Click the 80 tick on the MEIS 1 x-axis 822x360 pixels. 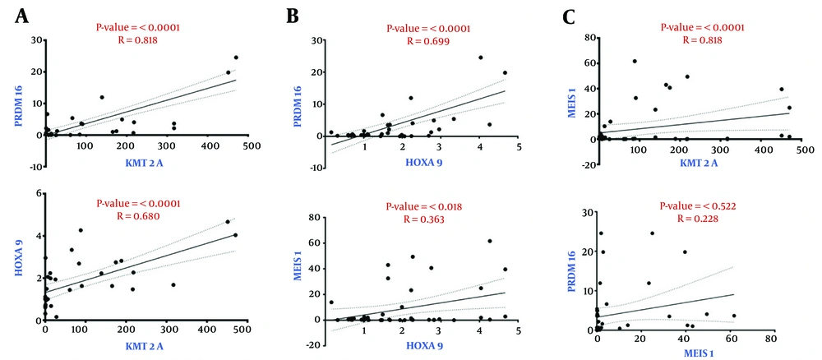pyautogui.click(x=770, y=339)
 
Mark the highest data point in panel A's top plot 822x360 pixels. pyautogui.click(x=236, y=58)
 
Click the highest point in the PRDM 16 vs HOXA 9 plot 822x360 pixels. pyautogui.click(x=480, y=58)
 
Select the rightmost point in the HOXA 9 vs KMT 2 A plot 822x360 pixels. pyautogui.click(x=235, y=235)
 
